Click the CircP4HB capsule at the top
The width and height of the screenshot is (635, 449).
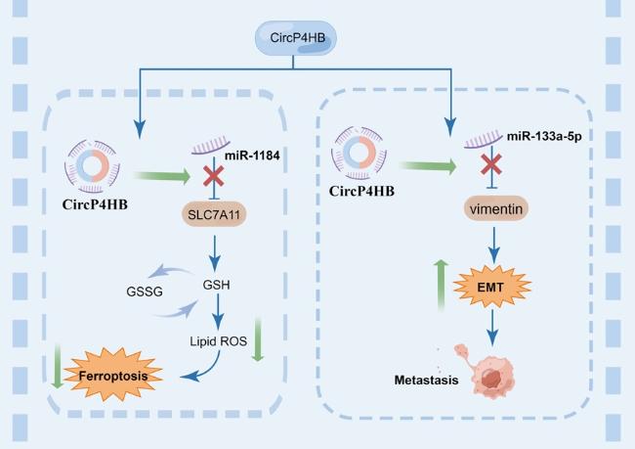click(296, 38)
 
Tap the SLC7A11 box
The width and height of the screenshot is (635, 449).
click(214, 214)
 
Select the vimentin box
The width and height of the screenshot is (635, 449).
click(495, 209)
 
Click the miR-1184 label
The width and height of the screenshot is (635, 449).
click(252, 156)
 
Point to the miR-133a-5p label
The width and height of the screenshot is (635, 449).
click(544, 136)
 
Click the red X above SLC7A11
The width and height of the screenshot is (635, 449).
click(213, 176)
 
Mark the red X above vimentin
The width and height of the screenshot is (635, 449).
click(491, 164)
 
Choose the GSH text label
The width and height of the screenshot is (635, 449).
click(216, 285)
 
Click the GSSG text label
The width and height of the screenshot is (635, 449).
click(145, 292)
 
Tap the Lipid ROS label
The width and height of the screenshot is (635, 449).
click(218, 341)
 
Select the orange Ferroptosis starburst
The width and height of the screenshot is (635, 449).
click(113, 375)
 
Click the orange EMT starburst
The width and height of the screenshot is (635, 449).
click(491, 288)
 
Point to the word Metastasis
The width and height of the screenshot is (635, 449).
click(427, 381)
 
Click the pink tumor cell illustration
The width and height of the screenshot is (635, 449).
click(486, 371)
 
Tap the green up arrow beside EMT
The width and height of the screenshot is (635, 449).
click(441, 286)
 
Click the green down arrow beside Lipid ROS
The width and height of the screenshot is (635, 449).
click(258, 339)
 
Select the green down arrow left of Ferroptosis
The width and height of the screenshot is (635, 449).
click(58, 366)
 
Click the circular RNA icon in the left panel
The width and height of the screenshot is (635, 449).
click(93, 166)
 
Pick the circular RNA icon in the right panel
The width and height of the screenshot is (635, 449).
click(359, 153)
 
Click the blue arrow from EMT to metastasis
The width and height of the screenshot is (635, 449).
click(492, 328)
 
